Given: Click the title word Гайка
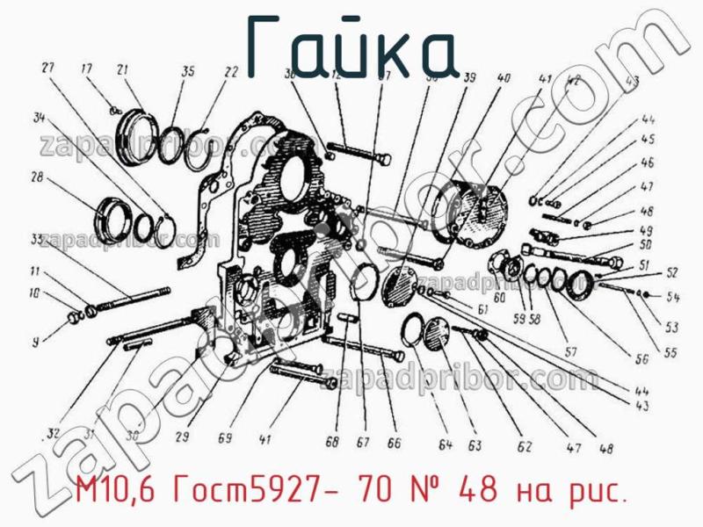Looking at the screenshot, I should coord(351,46).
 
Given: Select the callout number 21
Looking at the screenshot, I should coord(122,70).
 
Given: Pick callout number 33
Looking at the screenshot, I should coord(37,239).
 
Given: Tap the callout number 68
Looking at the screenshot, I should coord(331,443).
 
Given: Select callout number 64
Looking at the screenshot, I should coord(446,446).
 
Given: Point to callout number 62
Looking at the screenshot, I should coord(525,447).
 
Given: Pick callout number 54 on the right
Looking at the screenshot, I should coord(673,296).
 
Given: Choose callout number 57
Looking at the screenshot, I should coord(570,353).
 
